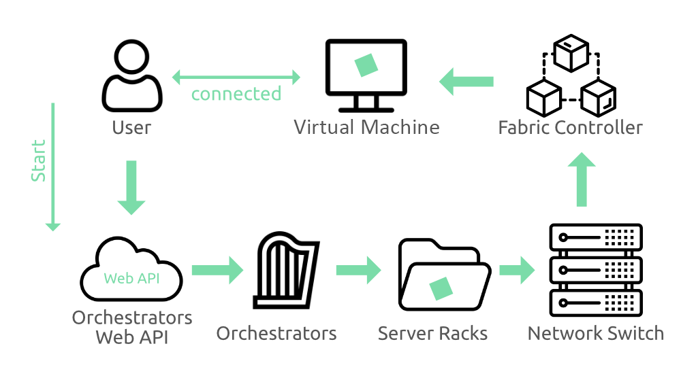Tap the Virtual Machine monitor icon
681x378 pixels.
pos(366,75)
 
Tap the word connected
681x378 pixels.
pos(236,94)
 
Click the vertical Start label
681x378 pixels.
pos(39,161)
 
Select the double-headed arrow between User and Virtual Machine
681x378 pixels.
pos(236,76)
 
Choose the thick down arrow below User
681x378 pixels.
pos(131,188)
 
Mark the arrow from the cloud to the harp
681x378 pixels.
pos(217,270)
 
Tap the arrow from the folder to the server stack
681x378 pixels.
pos(517,270)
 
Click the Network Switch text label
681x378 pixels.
pos(595,333)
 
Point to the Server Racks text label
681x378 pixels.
pos(432,333)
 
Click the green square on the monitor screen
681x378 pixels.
pos(366,65)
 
